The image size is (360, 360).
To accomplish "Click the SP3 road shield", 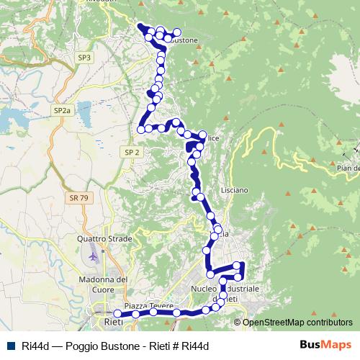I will [x=85, y=57].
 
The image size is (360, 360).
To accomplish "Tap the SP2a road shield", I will [x=62, y=110].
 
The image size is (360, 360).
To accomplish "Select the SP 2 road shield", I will [x=131, y=152].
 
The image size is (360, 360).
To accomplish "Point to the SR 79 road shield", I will [x=80, y=197].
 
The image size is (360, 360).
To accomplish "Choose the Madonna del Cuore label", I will [x=101, y=284].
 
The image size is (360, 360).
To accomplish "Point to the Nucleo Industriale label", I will [x=224, y=288].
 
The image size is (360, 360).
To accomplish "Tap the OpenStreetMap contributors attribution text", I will [x=297, y=322].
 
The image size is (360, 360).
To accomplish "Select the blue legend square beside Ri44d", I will [x=10, y=345].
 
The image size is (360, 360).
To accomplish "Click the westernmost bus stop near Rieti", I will [x=117, y=313].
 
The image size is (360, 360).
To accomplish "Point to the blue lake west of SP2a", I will [x=14, y=115].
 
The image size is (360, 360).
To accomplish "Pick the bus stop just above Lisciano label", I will [x=200, y=197].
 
